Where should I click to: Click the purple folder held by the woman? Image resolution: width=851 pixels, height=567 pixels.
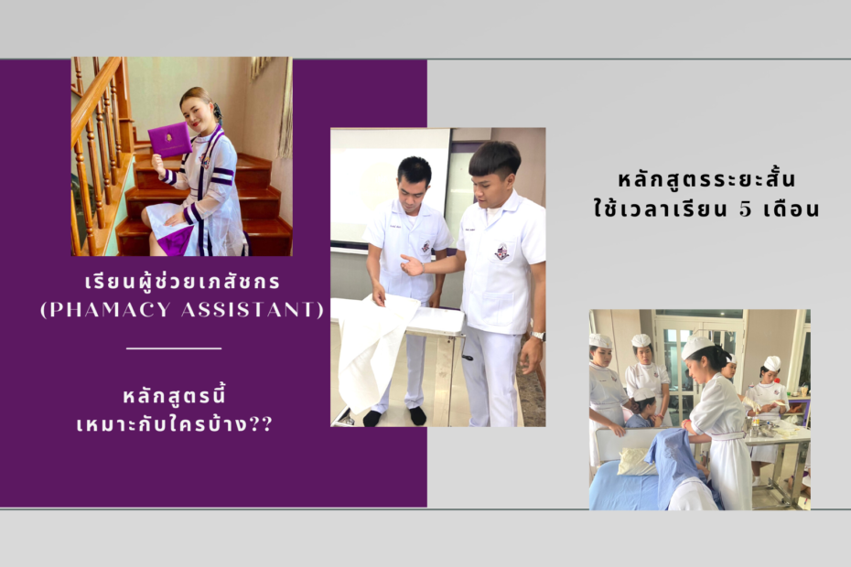click(169, 139)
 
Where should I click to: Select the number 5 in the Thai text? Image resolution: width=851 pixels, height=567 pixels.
click(745, 209)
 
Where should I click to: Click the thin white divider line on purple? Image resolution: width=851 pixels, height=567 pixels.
click(174, 348)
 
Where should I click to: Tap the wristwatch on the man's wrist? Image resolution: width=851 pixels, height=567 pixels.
click(538, 336)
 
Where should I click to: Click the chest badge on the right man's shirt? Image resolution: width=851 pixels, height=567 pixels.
click(501, 251)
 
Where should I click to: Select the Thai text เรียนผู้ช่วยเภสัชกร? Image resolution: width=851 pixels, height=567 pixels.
click(182, 282)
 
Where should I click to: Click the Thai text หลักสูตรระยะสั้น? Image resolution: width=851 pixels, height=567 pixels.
click(706, 179)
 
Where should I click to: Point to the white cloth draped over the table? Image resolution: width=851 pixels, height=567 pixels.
click(374, 348)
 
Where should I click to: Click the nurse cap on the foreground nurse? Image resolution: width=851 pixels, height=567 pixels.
click(697, 347)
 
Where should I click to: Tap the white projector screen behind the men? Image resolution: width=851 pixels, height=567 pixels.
click(390, 185)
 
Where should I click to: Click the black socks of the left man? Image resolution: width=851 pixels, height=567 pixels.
click(395, 417)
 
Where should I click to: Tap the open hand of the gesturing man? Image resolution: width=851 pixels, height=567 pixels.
click(413, 265)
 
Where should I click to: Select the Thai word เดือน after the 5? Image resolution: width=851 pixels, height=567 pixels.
click(792, 209)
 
